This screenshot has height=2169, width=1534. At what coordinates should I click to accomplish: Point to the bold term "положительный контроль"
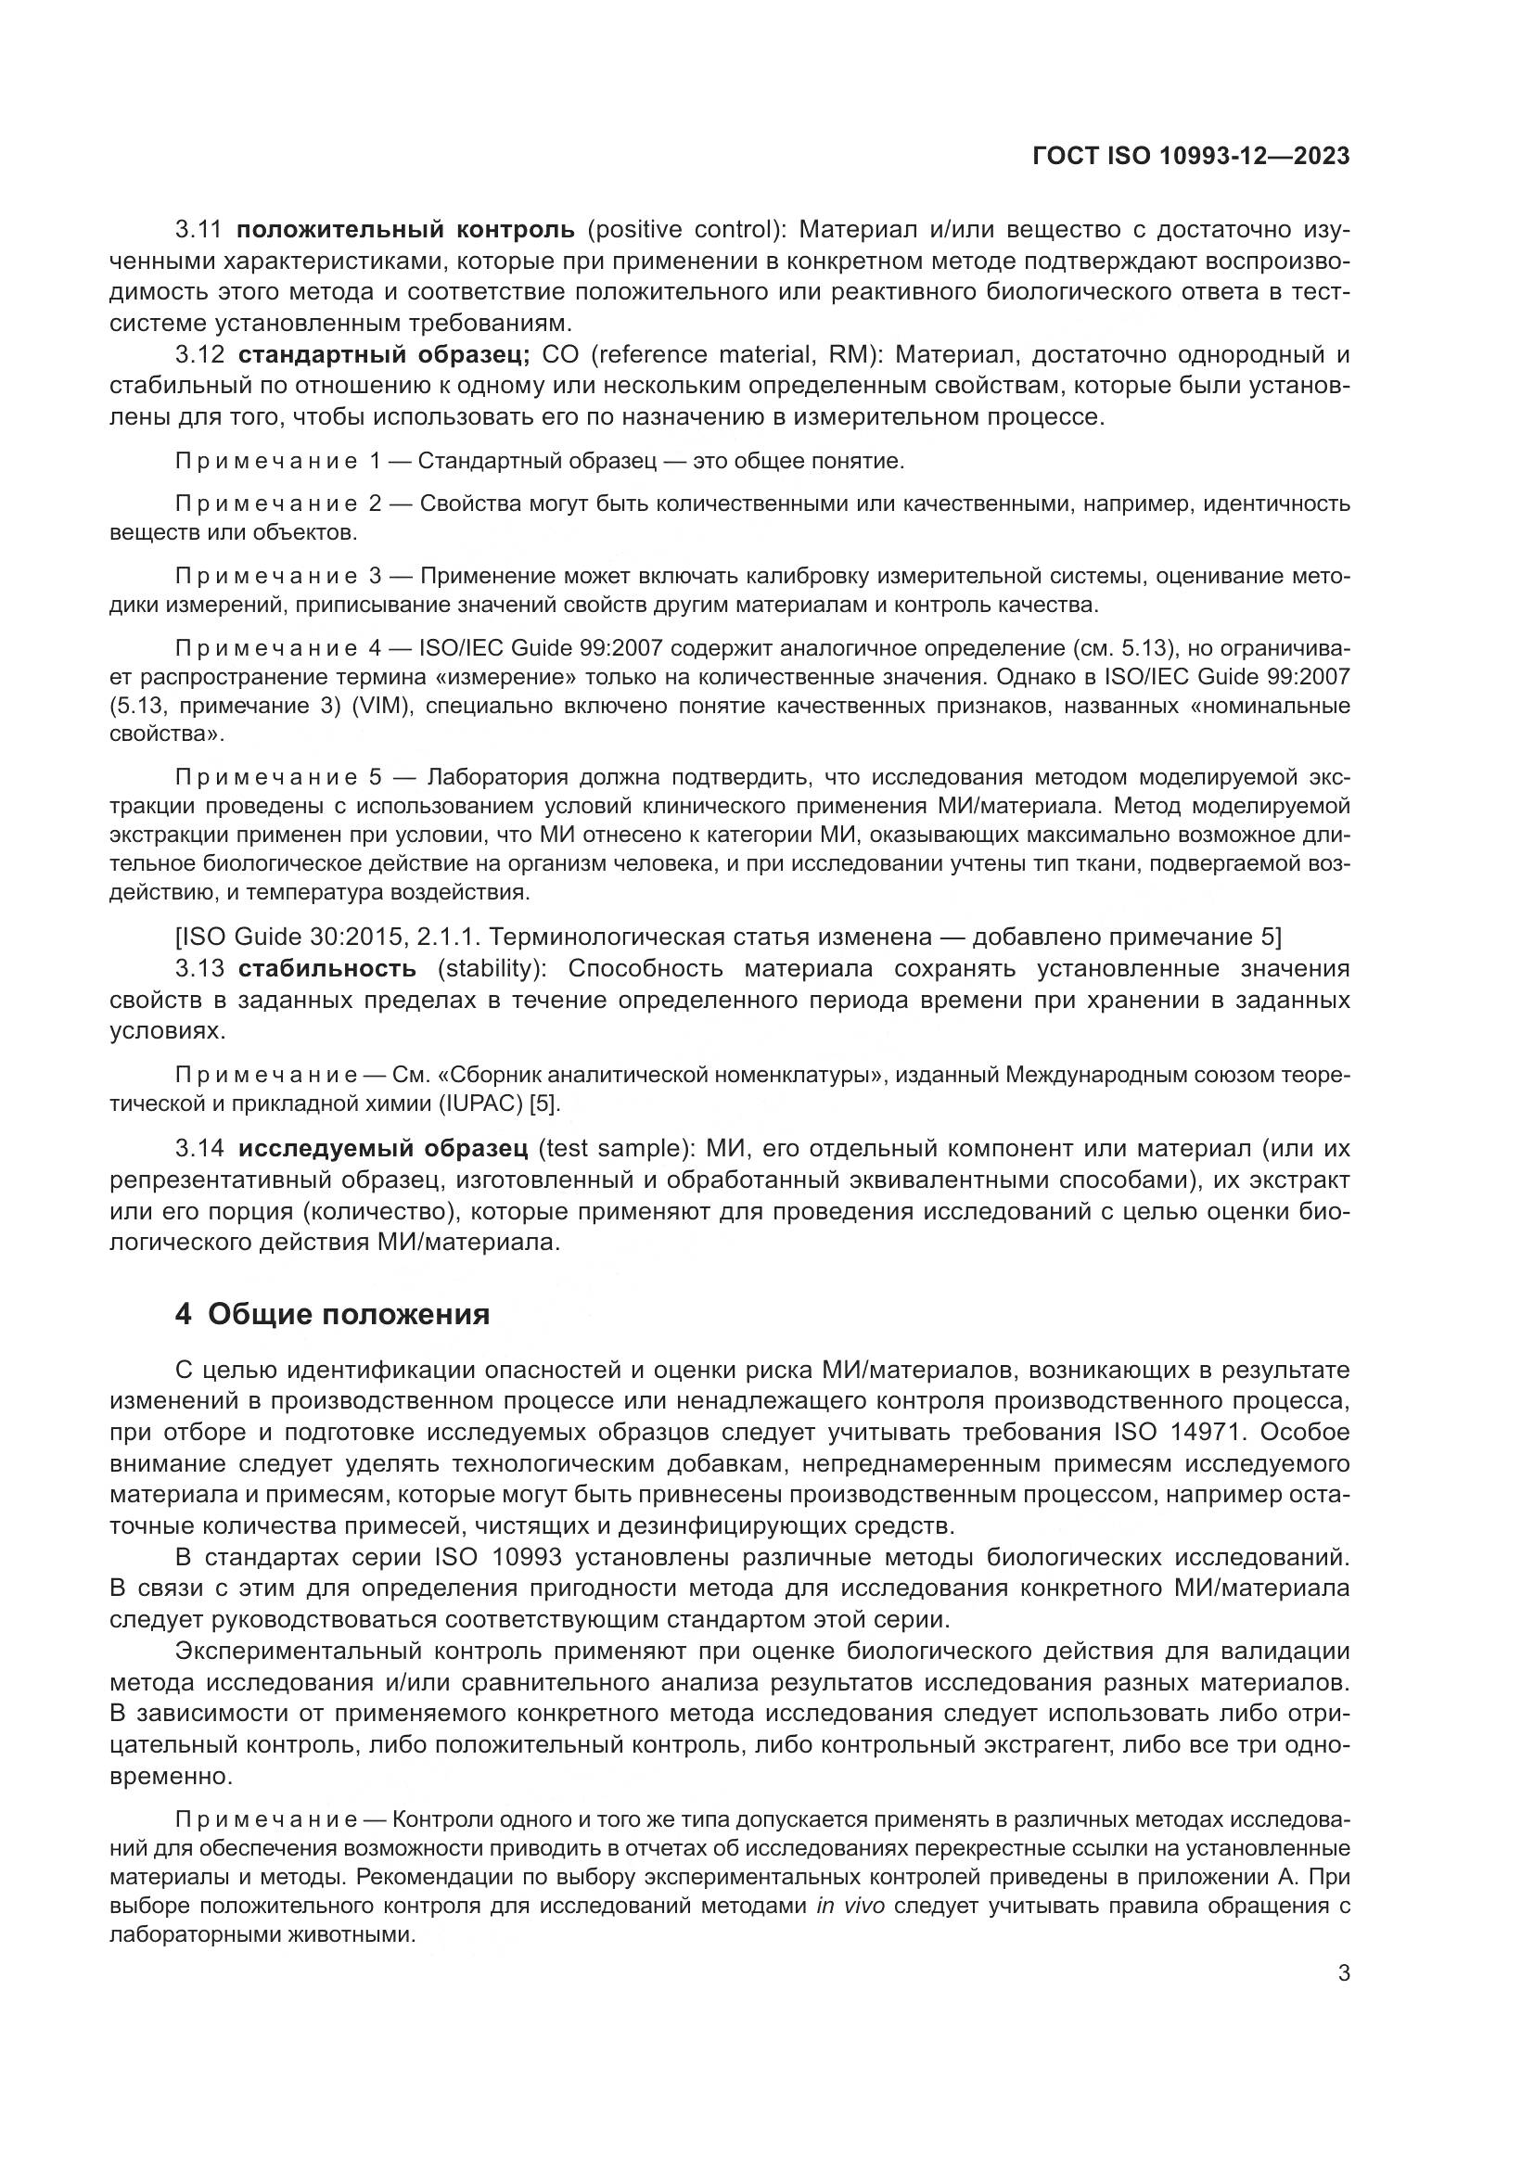405,230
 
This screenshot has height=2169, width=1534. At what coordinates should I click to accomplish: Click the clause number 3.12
200,355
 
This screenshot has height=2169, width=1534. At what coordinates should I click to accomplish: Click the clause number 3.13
200,968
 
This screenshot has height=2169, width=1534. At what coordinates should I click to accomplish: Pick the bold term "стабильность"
326,968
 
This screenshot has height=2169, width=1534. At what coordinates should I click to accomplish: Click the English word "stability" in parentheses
489,968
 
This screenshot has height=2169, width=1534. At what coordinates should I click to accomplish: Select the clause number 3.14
200,1149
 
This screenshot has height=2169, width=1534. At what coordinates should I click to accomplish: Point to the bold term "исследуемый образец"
382,1149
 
